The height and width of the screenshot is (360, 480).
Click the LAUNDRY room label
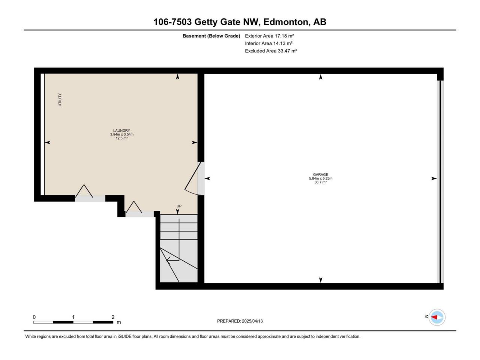click(x=121, y=130)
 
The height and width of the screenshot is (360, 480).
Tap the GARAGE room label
click(x=321, y=174)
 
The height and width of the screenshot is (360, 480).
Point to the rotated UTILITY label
click(x=60, y=100)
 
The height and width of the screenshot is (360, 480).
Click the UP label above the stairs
click(x=179, y=206)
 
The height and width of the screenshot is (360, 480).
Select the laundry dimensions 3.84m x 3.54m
click(x=122, y=134)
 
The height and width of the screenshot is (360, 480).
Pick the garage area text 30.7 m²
click(x=321, y=182)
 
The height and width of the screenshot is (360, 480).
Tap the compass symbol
click(x=437, y=317)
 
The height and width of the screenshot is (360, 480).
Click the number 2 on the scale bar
click(x=113, y=317)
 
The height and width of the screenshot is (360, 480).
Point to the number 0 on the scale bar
click(x=34, y=317)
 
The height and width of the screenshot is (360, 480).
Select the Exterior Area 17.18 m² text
click(x=269, y=36)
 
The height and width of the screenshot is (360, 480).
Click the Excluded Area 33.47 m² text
click(x=271, y=51)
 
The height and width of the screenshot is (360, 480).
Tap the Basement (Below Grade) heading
click(x=211, y=36)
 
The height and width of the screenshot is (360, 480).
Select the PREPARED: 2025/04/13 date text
click(x=240, y=321)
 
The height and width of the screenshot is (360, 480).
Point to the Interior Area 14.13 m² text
click(x=269, y=43)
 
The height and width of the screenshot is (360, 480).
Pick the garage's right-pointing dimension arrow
click(x=434, y=178)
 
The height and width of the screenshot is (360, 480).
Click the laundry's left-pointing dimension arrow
click(x=48, y=142)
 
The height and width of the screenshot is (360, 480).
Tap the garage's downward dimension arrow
click(x=321, y=280)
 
